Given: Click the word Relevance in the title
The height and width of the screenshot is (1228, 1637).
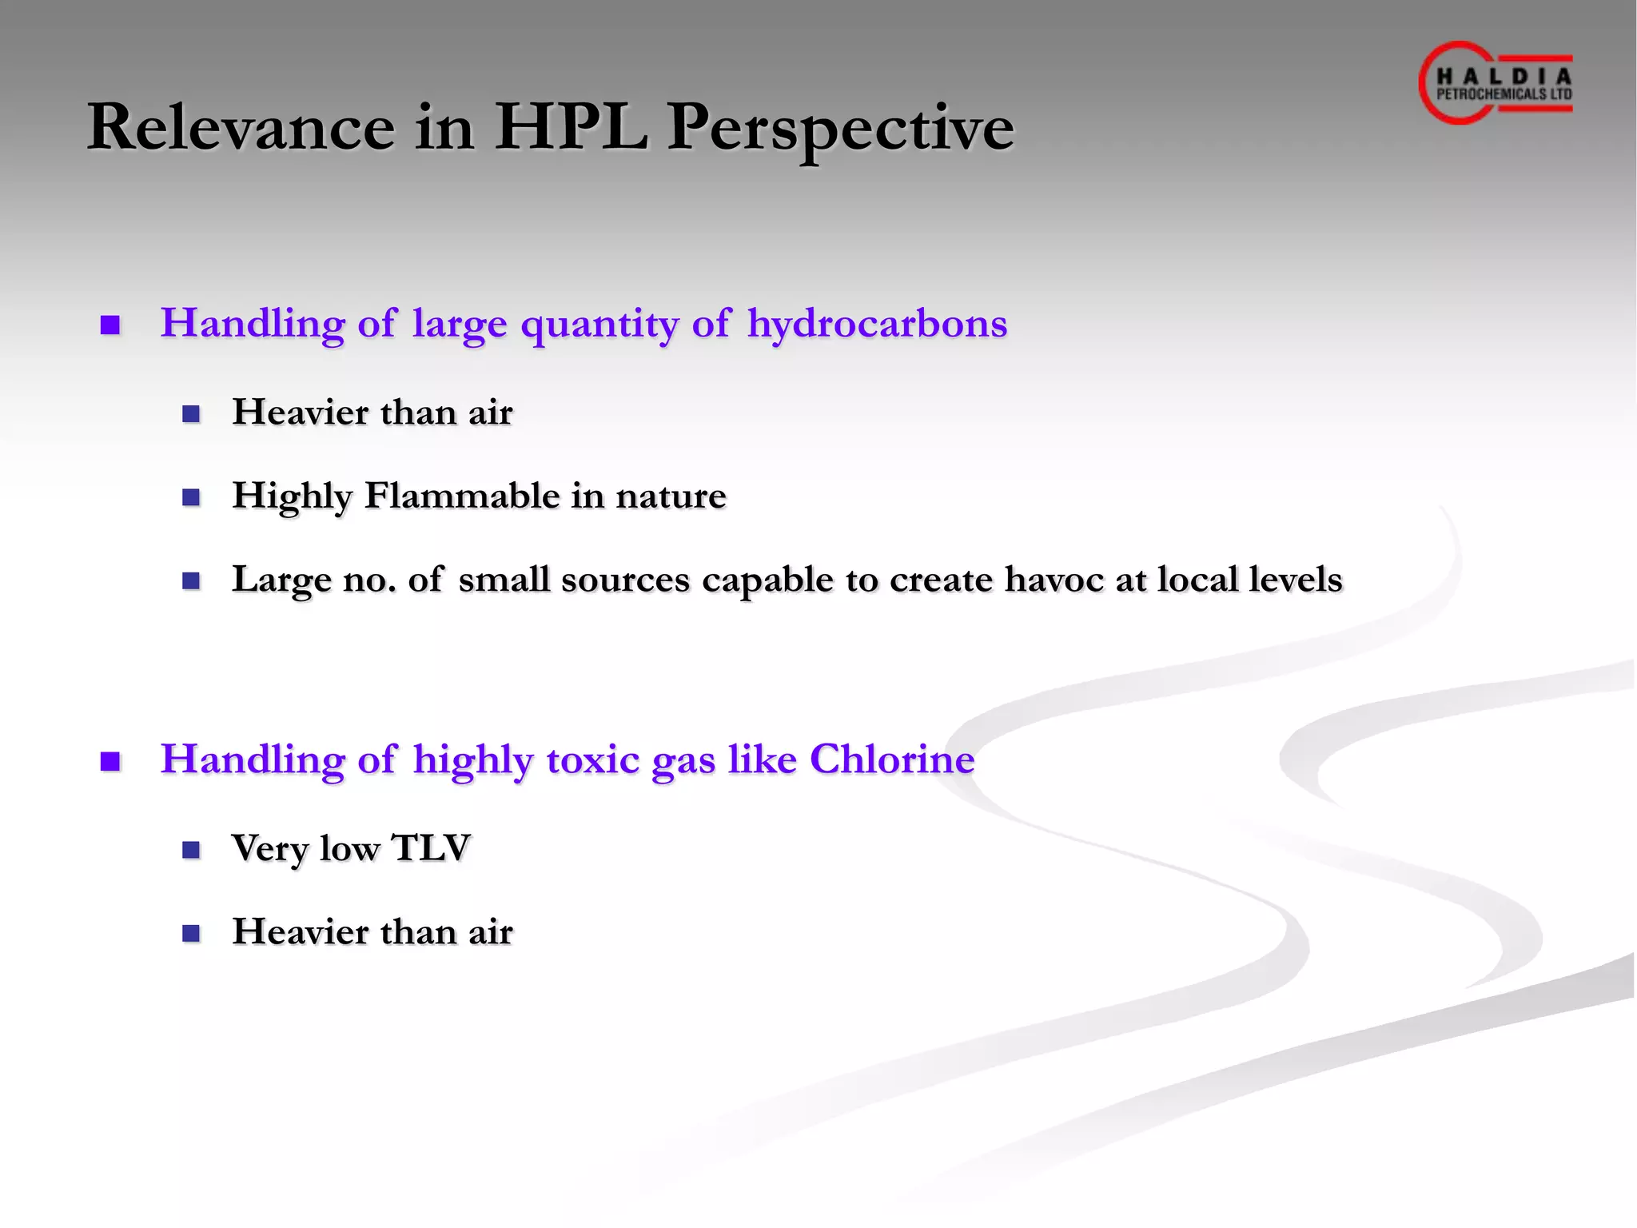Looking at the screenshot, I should coord(241,128).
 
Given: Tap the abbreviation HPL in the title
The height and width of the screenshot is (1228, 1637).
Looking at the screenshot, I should coord(571,128).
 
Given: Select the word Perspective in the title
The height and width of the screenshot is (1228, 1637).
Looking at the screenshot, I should coord(840,128).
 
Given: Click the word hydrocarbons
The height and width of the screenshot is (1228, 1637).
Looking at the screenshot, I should coord(877,324).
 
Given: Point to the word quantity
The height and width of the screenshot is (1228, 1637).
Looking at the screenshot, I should coord(599,325).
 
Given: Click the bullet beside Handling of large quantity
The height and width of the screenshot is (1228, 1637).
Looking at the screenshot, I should coord(110,325).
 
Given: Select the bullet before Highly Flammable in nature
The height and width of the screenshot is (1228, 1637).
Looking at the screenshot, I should coord(191,497).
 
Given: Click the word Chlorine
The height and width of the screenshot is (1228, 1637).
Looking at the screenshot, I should coord(892,759).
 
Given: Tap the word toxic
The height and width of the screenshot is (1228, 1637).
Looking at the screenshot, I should coord(592,759).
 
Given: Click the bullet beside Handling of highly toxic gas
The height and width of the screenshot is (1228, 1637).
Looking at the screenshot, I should coord(110,761).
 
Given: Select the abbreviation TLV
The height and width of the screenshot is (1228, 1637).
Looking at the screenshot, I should coord(431,848).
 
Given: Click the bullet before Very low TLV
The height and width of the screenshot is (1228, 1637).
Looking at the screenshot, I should coord(191,849).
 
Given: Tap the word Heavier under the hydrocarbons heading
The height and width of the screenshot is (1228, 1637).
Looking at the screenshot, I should coord(300,413).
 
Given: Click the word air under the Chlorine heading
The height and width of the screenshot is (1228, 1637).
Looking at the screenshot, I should coord(490,932).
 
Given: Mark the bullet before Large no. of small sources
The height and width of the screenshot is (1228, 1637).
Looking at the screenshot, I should coord(191,580).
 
